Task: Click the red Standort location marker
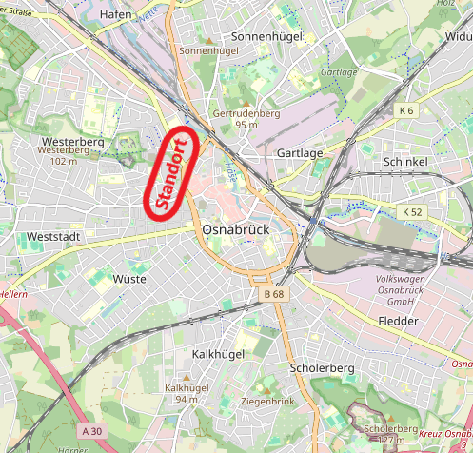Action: tap(170, 172)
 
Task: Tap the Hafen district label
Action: tap(116, 14)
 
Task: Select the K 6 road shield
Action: tap(407, 110)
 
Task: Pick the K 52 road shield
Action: tap(412, 210)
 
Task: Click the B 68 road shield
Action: tap(273, 294)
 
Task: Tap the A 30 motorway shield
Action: tap(92, 431)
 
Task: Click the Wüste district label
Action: tap(129, 279)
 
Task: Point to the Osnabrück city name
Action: tap(237, 230)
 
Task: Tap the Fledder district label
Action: tap(398, 322)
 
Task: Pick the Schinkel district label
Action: tap(404, 163)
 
